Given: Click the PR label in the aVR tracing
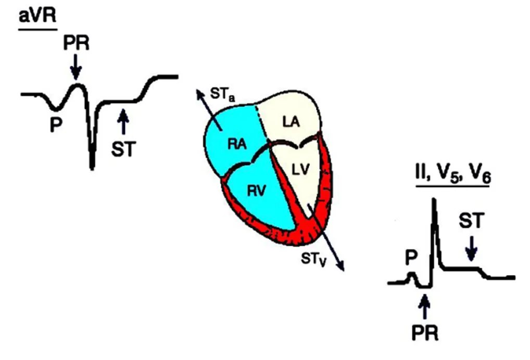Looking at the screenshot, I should (x=76, y=43).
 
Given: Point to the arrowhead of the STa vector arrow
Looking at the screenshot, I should (x=198, y=92).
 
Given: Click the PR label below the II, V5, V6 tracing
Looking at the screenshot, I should (x=425, y=331).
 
